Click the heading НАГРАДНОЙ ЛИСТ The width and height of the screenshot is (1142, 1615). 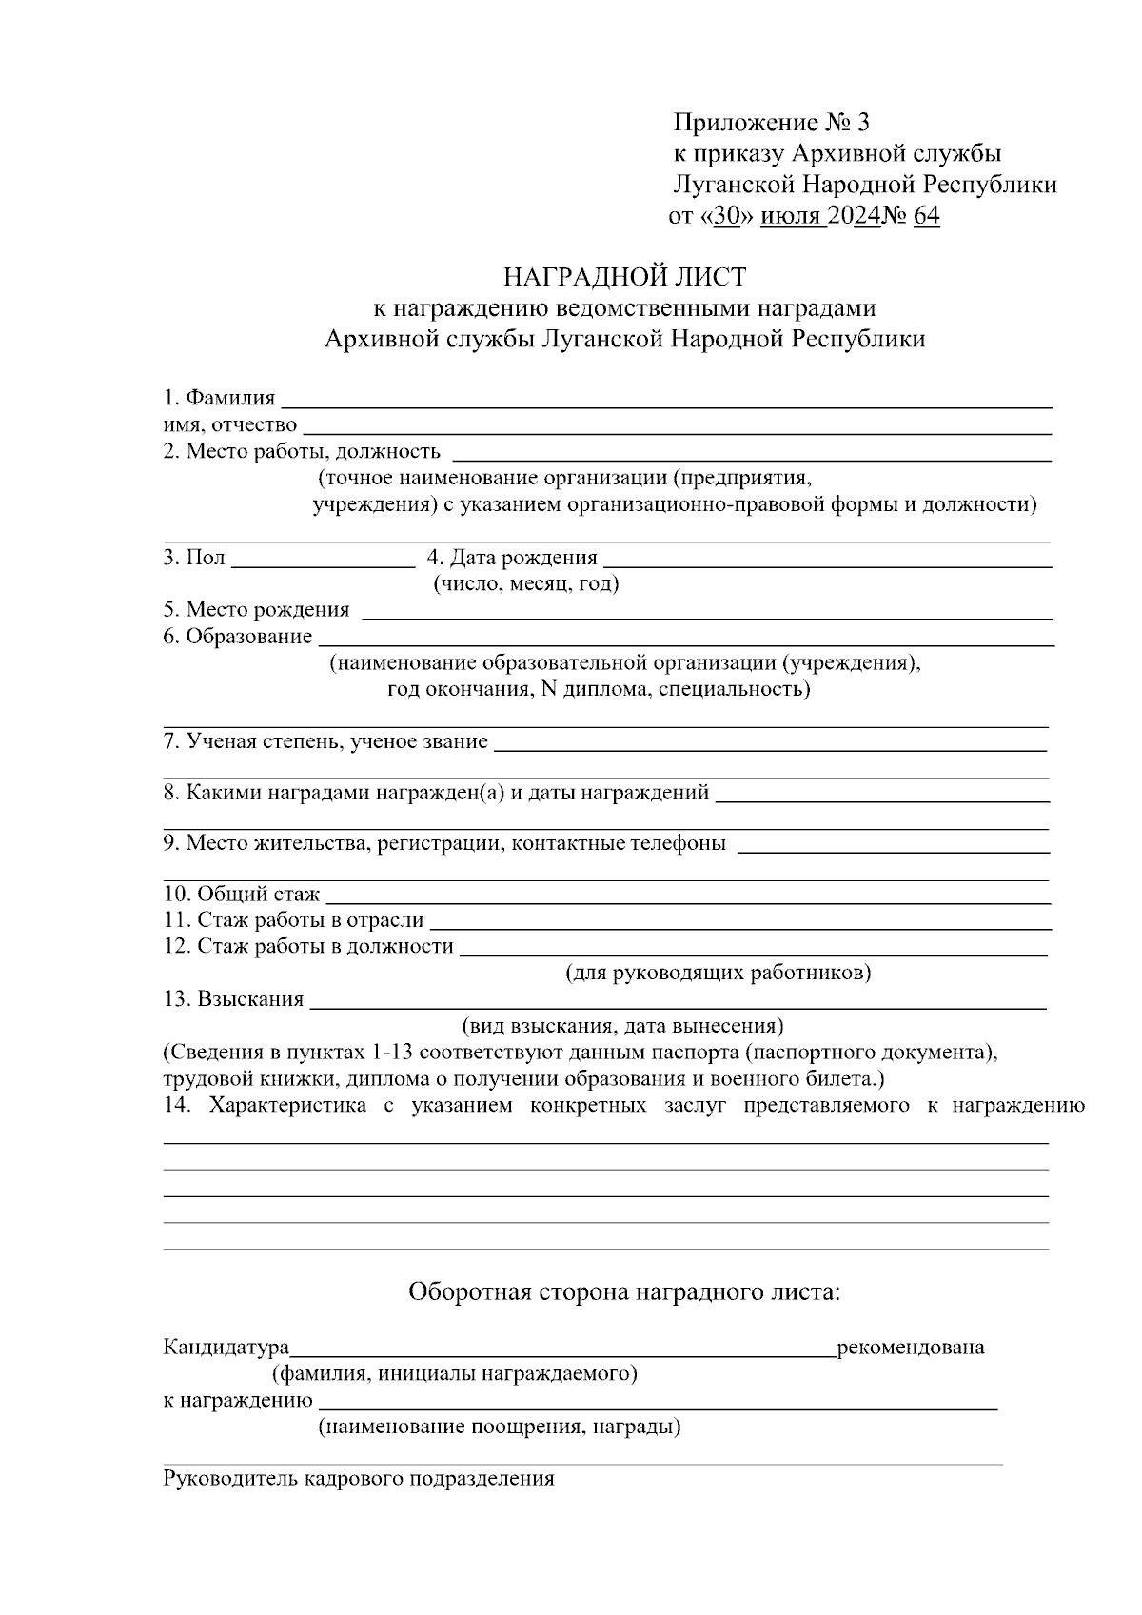[x=624, y=277]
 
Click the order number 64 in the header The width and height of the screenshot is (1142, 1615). [x=926, y=216]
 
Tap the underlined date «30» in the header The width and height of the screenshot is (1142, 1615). [x=726, y=216]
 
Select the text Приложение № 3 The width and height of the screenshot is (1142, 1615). [x=771, y=123]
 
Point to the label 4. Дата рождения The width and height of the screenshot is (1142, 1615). [x=512, y=558]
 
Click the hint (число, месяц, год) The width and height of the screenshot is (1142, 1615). [x=525, y=583]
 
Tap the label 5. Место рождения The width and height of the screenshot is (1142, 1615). [x=256, y=609]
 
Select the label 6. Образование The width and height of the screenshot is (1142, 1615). [x=237, y=636]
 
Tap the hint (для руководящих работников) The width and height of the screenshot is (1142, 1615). [x=719, y=973]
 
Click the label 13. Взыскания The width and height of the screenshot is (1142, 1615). [x=233, y=998]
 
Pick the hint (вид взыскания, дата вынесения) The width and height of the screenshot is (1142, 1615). [x=622, y=1026]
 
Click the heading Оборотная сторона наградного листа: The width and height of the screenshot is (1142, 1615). [x=624, y=1291]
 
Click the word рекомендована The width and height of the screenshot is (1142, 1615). [x=910, y=1347]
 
